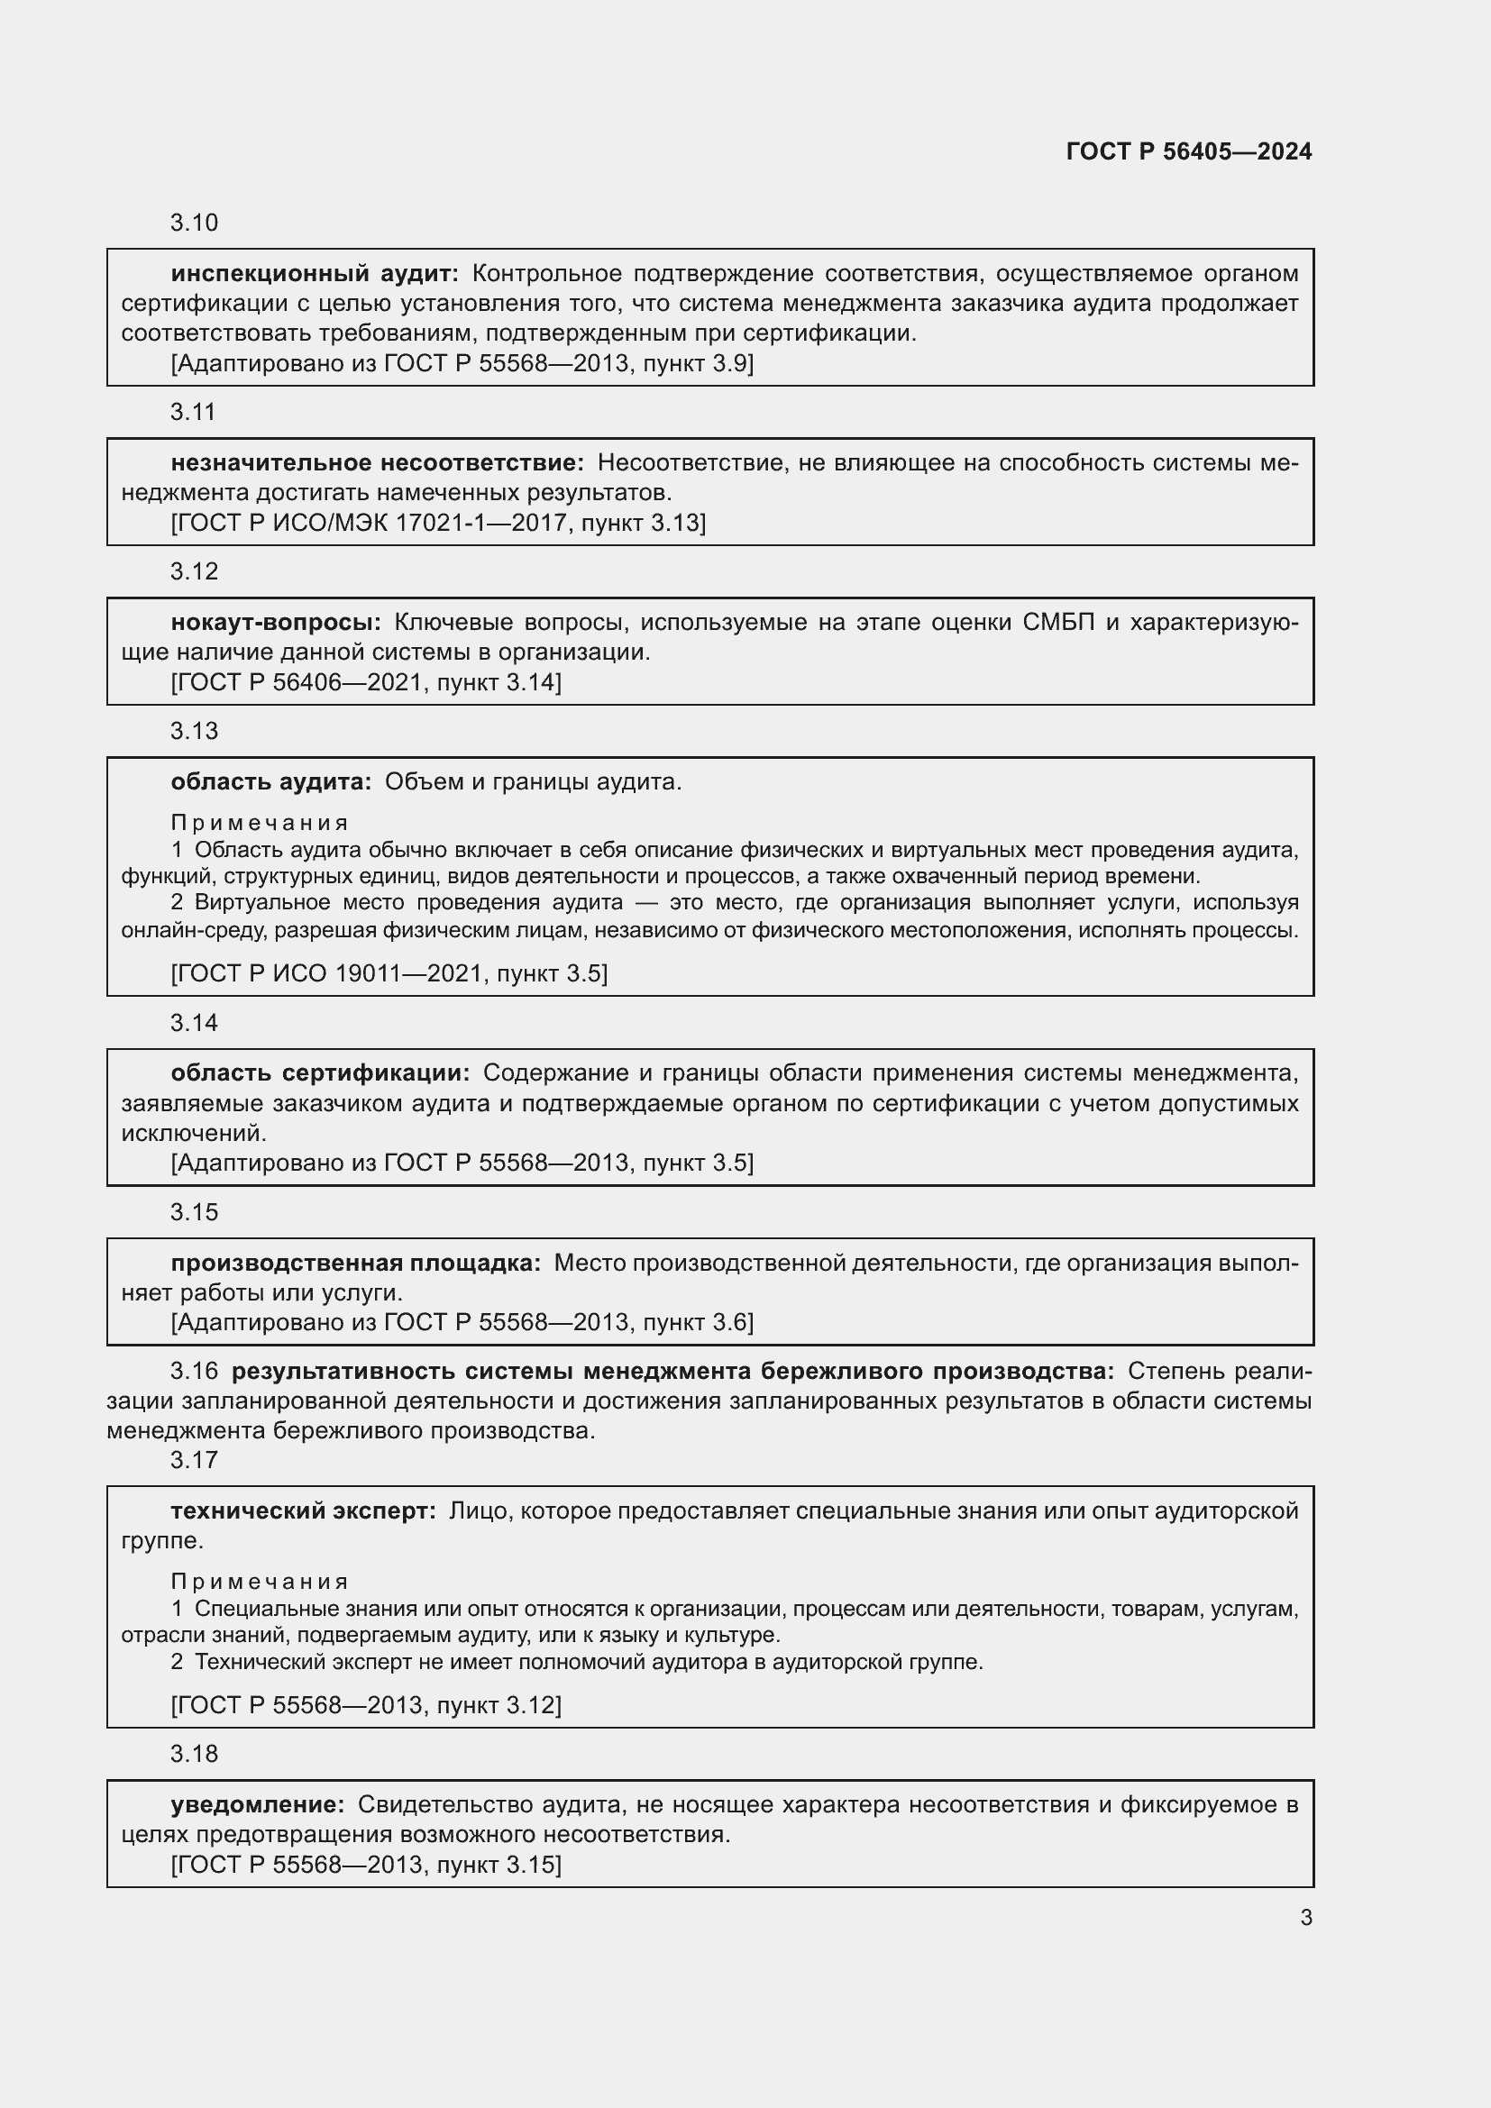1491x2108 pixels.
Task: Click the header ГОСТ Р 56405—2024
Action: (x=1188, y=151)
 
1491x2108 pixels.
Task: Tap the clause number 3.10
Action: (x=194, y=224)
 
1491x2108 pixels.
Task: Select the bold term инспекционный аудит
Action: (x=314, y=274)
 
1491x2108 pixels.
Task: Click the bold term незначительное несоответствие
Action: (x=377, y=462)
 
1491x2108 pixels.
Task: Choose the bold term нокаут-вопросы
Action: (x=276, y=623)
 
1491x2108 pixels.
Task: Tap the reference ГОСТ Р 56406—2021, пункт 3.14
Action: (x=366, y=682)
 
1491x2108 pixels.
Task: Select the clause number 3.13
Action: (x=194, y=731)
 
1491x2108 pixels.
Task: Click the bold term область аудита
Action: (x=270, y=781)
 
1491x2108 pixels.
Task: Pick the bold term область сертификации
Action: (x=319, y=1072)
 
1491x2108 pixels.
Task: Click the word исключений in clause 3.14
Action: (x=193, y=1133)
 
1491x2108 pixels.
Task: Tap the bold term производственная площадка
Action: (x=355, y=1263)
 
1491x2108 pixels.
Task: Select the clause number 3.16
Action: (x=194, y=1371)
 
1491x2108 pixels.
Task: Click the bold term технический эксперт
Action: (x=303, y=1510)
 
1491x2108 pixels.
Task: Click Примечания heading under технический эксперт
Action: (x=259, y=1582)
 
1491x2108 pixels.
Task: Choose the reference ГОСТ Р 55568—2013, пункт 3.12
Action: (x=366, y=1705)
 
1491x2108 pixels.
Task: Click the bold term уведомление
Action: (x=257, y=1804)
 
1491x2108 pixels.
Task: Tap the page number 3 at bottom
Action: (x=1305, y=1917)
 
